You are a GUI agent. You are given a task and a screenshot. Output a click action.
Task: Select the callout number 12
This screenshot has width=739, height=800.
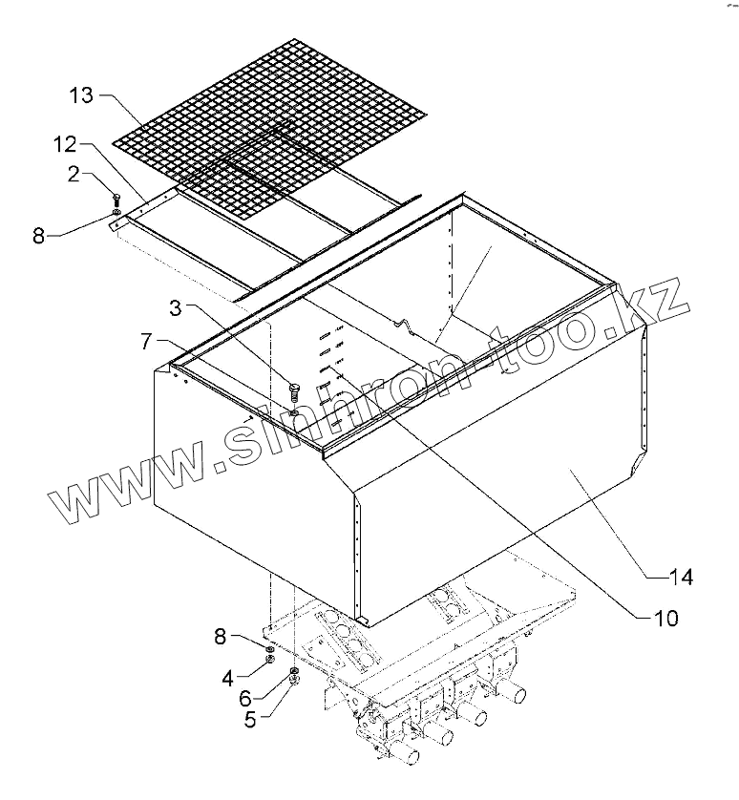click(64, 145)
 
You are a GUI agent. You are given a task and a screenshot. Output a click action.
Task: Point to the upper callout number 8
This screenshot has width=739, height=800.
click(38, 234)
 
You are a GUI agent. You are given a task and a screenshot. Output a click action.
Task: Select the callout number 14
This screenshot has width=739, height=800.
click(680, 577)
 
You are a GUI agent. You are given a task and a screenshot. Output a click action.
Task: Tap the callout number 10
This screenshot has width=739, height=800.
click(666, 618)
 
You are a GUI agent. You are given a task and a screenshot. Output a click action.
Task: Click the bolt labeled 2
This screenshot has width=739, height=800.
click(116, 200)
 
